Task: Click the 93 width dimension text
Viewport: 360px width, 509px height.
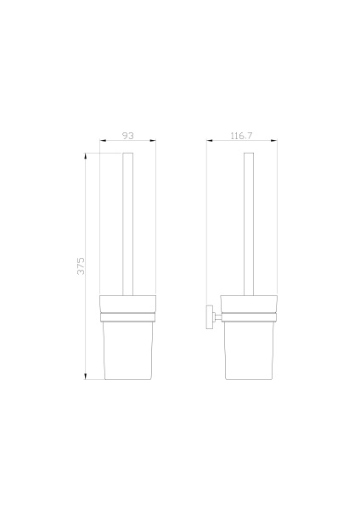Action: (128, 135)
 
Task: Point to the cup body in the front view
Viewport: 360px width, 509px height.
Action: (128, 352)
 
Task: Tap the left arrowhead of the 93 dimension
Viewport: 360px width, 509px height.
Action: (104, 143)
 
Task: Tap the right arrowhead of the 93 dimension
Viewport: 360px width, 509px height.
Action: (154, 143)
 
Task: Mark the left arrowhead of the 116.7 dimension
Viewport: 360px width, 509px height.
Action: (209, 143)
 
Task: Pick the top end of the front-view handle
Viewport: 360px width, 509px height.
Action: (128, 154)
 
